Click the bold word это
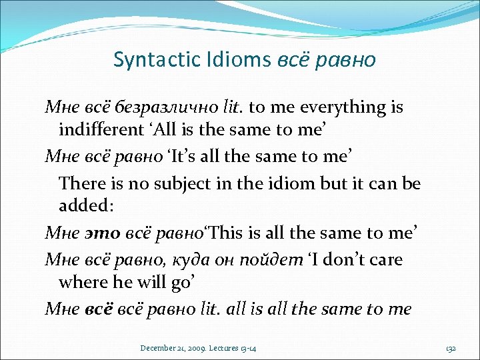(x=100, y=233)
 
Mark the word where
(x=81, y=281)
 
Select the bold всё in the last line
(x=98, y=309)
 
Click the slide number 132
(x=451, y=347)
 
